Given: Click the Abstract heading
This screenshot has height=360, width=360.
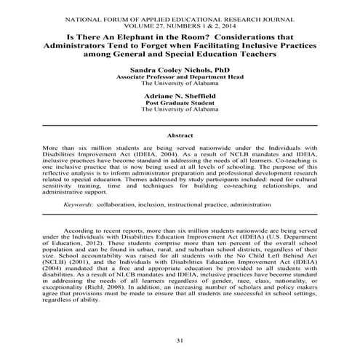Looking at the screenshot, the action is [x=179, y=135].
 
